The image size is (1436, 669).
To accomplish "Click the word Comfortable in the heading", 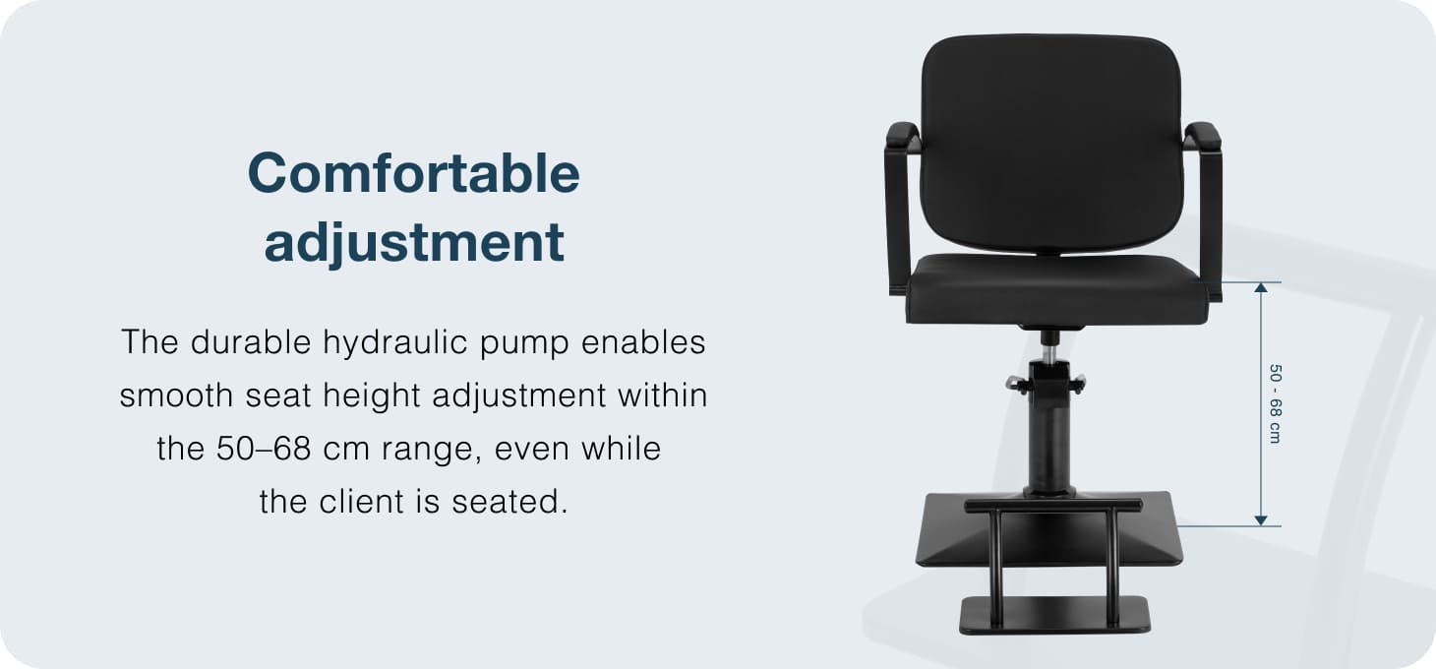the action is click(x=413, y=173).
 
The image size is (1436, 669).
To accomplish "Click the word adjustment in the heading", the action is click(x=414, y=242).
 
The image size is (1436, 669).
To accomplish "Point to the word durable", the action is click(x=251, y=341).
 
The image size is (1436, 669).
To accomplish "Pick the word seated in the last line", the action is click(x=509, y=502).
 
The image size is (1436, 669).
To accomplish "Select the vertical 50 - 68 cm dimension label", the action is click(x=1275, y=403).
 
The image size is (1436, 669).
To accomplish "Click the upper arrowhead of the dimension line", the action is click(x=1261, y=287).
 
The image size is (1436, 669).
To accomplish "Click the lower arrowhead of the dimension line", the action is click(x=1261, y=520).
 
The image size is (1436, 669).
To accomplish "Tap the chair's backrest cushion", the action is click(x=1051, y=143).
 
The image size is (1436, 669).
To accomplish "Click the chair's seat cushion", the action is click(x=1056, y=288).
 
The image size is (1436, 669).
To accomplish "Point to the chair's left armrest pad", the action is click(x=903, y=137).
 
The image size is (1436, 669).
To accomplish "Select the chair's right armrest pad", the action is click(x=1203, y=137).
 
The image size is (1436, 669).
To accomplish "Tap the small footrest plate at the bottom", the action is click(x=1055, y=615).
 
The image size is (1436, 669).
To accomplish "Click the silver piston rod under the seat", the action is click(x=1049, y=354).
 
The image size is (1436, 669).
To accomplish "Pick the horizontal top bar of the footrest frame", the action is click(x=1053, y=506).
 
